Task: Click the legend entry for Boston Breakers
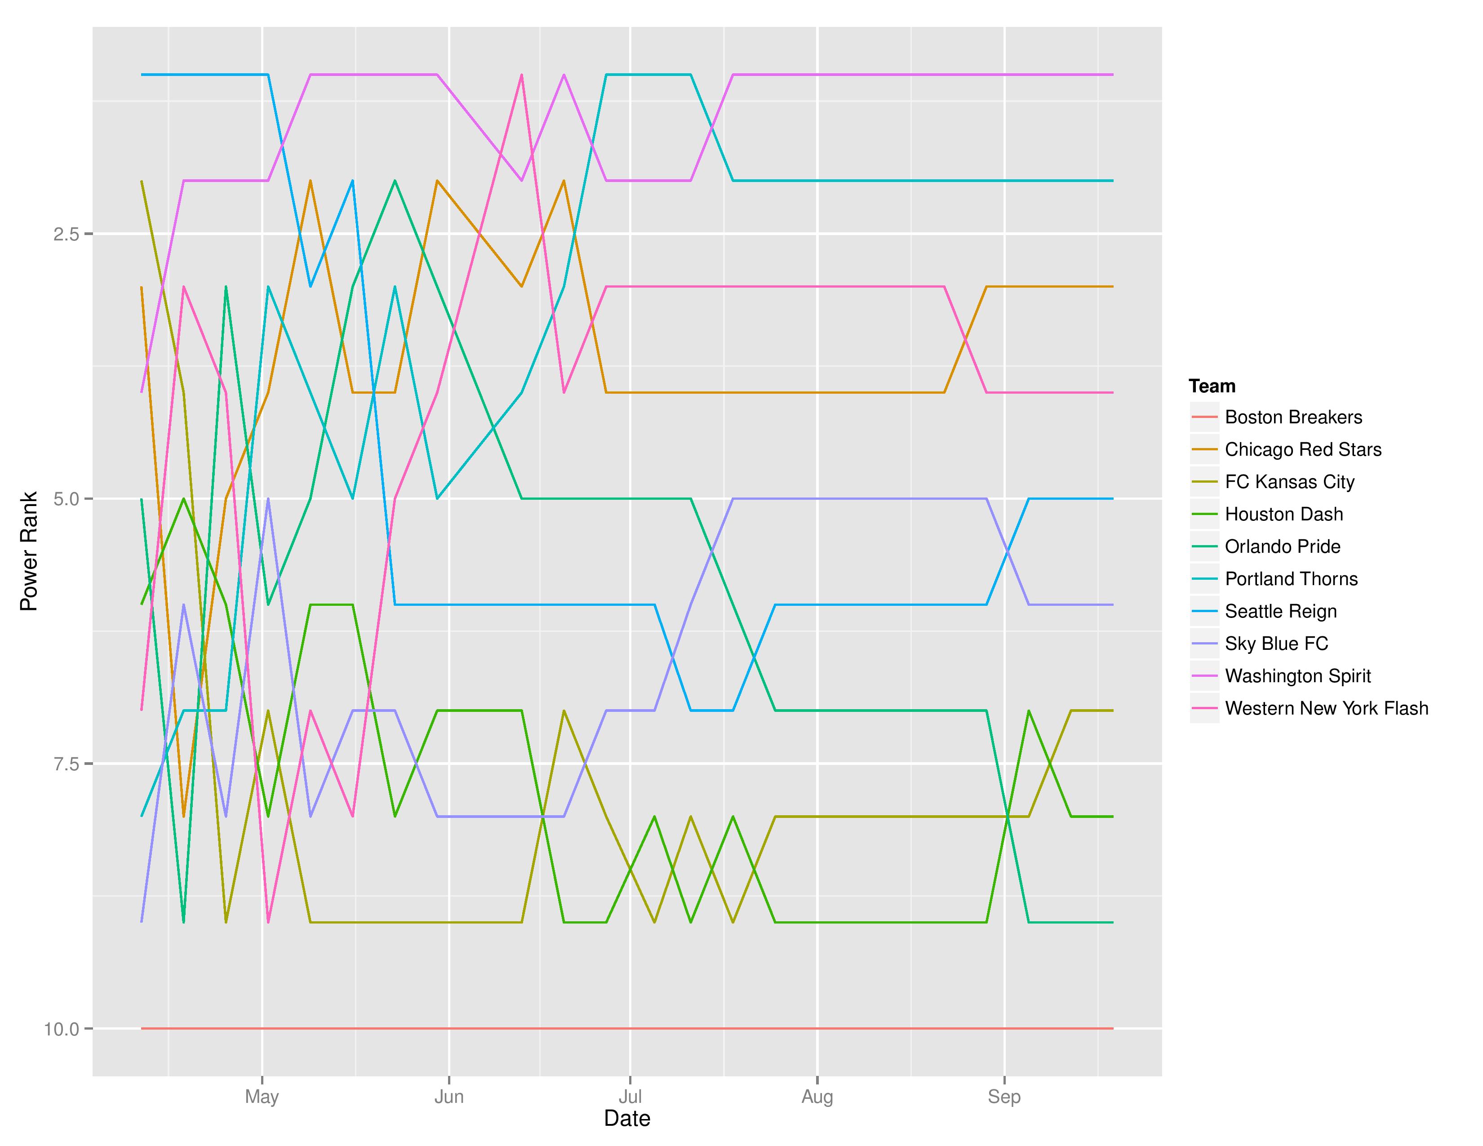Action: pyautogui.click(x=1293, y=417)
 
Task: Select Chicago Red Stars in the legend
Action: pyautogui.click(x=1302, y=449)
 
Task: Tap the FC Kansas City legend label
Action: pyautogui.click(x=1289, y=482)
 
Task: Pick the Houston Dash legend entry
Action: pyautogui.click(x=1283, y=514)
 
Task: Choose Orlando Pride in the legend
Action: pyautogui.click(x=1282, y=546)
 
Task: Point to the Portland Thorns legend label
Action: pyautogui.click(x=1291, y=579)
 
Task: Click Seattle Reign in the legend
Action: pyautogui.click(x=1281, y=611)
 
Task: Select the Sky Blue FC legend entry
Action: pyautogui.click(x=1276, y=644)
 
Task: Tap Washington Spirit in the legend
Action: pyautogui.click(x=1298, y=676)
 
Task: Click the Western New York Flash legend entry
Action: pyautogui.click(x=1326, y=708)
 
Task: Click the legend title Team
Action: pyautogui.click(x=1212, y=386)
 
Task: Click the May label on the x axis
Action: pyautogui.click(x=262, y=1097)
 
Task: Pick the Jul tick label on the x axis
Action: pyautogui.click(x=630, y=1097)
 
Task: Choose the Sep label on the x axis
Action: pyautogui.click(x=1003, y=1097)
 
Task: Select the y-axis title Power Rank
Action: pyautogui.click(x=28, y=551)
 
